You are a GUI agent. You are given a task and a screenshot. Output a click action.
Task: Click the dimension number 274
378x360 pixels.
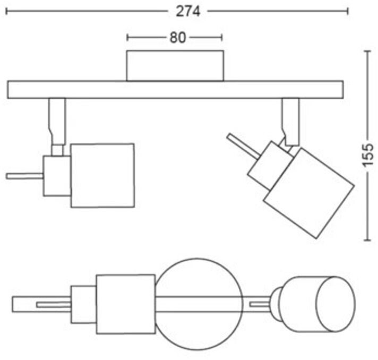(x=189, y=11)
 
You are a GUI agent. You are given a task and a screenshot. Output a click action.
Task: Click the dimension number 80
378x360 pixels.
(x=178, y=38)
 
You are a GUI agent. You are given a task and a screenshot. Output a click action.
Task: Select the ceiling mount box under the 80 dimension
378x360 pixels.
(x=174, y=65)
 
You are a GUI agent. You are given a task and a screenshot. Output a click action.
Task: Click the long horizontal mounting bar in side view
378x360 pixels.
(x=175, y=89)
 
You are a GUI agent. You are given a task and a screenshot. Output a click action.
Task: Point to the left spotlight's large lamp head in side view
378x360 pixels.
(x=102, y=175)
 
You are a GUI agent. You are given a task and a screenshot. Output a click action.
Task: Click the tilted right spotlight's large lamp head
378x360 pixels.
(x=308, y=192)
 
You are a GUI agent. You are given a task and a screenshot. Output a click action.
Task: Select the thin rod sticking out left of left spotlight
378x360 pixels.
(x=24, y=176)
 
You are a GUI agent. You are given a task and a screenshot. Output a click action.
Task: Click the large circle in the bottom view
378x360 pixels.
(x=200, y=304)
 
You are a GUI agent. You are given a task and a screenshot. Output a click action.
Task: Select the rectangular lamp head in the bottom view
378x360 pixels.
(x=125, y=304)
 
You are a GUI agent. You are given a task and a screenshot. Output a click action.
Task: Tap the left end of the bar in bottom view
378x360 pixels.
(x=19, y=304)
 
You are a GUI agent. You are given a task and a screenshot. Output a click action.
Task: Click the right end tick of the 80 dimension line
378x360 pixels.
(x=221, y=38)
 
